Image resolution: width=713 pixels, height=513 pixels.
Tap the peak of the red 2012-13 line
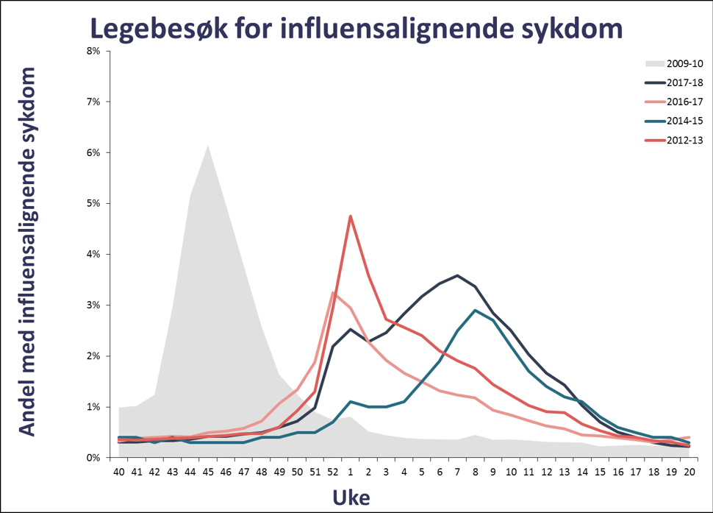[351, 216]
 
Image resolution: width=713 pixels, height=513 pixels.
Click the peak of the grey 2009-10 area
[208, 146]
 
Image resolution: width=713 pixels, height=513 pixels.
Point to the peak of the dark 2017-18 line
[457, 275]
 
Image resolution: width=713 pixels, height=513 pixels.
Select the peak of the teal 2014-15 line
[476, 310]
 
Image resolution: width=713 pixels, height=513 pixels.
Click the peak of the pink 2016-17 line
[333, 292]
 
